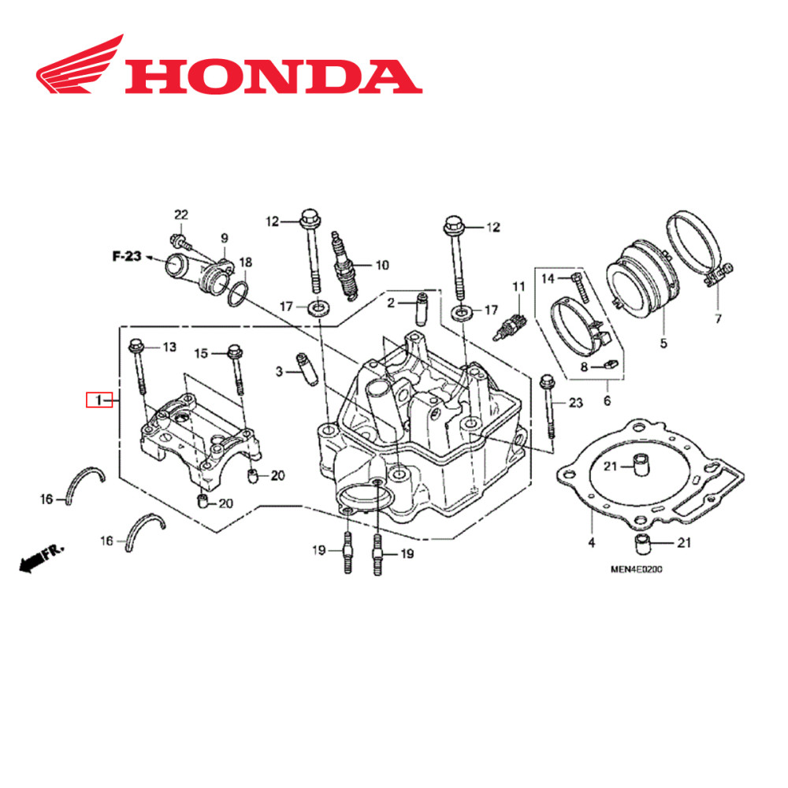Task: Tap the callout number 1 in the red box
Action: click(x=99, y=401)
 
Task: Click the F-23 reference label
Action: click(x=126, y=256)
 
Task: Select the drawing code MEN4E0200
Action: click(x=634, y=571)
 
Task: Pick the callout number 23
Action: click(x=576, y=403)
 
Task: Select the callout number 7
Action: click(x=718, y=319)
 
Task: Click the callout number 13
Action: click(x=169, y=347)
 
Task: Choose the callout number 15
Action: click(x=200, y=353)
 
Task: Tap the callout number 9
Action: click(x=224, y=237)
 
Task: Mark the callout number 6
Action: click(x=608, y=400)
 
